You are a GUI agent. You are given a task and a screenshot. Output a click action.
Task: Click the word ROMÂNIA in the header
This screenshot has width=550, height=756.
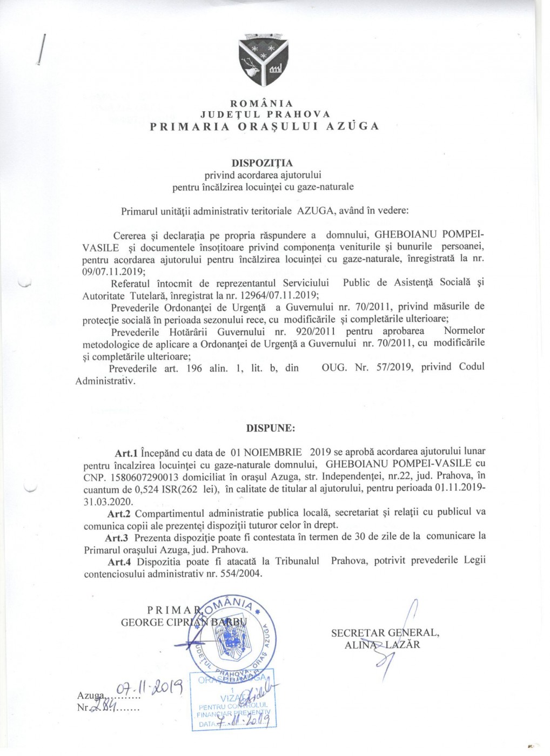tap(261, 104)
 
